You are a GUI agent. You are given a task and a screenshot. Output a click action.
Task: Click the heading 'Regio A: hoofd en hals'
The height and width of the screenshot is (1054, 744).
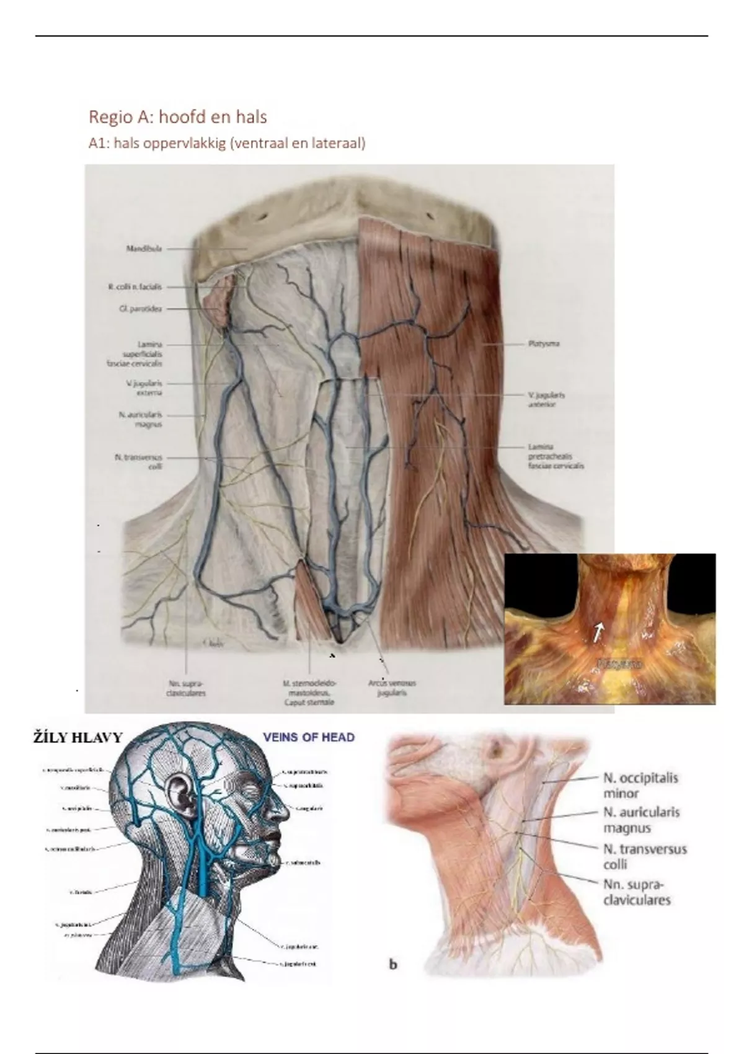click(177, 117)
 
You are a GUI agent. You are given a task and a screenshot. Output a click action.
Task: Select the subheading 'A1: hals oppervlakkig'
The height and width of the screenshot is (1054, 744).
click(227, 143)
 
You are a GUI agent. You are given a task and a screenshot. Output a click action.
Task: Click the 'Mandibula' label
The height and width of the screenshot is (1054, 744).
click(144, 249)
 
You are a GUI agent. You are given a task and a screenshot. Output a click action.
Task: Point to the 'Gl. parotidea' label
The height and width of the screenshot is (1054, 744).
click(140, 308)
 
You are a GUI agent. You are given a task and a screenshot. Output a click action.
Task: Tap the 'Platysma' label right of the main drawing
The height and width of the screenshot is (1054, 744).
click(544, 343)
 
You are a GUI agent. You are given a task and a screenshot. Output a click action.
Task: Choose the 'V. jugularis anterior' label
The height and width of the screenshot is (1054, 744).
click(546, 399)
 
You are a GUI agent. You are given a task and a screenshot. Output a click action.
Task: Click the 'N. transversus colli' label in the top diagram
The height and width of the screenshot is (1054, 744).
click(138, 461)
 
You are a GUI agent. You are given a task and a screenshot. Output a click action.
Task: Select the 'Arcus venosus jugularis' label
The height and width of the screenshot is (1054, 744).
click(392, 688)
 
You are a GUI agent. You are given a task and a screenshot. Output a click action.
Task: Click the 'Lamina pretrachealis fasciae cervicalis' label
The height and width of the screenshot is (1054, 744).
click(556, 456)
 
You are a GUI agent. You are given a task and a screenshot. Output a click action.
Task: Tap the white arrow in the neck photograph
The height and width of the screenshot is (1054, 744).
click(598, 632)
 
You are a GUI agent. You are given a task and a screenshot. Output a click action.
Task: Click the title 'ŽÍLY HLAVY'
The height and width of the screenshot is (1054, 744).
click(78, 738)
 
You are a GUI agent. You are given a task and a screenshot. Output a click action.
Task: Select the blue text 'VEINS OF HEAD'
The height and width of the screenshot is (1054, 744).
click(309, 737)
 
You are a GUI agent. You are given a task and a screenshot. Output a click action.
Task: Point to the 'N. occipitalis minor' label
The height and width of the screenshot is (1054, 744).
click(640, 785)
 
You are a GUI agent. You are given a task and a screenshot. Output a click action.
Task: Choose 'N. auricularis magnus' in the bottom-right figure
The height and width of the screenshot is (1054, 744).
click(641, 820)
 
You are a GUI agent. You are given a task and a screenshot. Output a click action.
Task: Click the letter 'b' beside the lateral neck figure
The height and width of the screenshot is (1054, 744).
click(392, 964)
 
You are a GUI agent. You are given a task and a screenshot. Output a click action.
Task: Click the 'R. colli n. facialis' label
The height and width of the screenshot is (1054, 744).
click(134, 287)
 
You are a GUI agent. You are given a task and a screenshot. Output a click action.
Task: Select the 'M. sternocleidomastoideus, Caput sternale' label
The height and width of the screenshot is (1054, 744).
click(309, 693)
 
